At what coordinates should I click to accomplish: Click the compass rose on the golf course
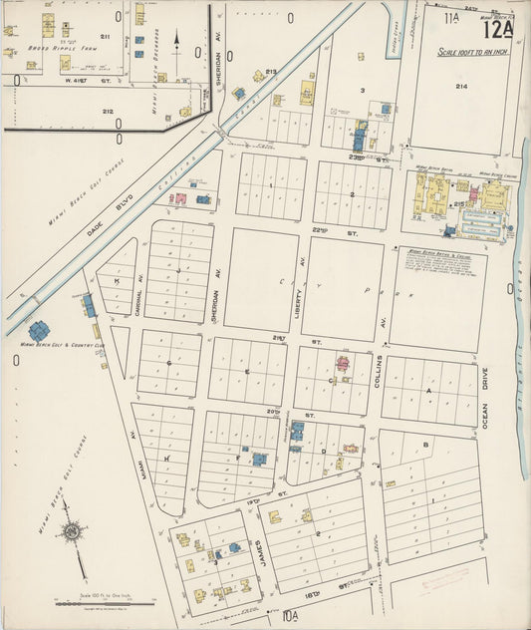click(x=72, y=532)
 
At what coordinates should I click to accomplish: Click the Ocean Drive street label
click(x=485, y=410)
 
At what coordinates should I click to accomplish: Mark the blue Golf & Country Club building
click(x=40, y=330)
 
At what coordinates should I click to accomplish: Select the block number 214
click(x=461, y=87)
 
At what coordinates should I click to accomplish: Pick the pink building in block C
click(x=342, y=364)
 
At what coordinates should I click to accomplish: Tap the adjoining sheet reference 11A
click(x=452, y=17)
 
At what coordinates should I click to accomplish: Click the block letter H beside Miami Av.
click(x=167, y=459)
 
